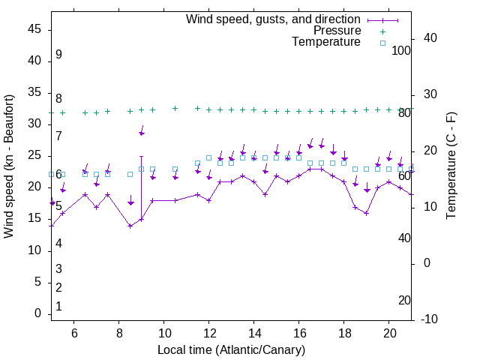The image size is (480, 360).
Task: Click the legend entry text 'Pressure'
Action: [x=337, y=31]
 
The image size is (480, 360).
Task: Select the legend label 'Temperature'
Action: [x=326, y=42]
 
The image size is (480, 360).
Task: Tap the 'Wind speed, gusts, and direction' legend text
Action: [x=274, y=19]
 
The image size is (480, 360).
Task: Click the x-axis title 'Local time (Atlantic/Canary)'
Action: [x=231, y=350]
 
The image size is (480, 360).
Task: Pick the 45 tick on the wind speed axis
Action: [x=34, y=29]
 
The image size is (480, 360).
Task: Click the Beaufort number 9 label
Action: [x=58, y=55]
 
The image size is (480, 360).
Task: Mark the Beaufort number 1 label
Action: [x=58, y=307]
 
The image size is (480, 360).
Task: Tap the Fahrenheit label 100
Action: [x=401, y=50]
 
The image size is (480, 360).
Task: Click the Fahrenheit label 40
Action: [x=404, y=238]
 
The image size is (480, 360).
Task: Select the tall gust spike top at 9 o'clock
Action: [x=141, y=156]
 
